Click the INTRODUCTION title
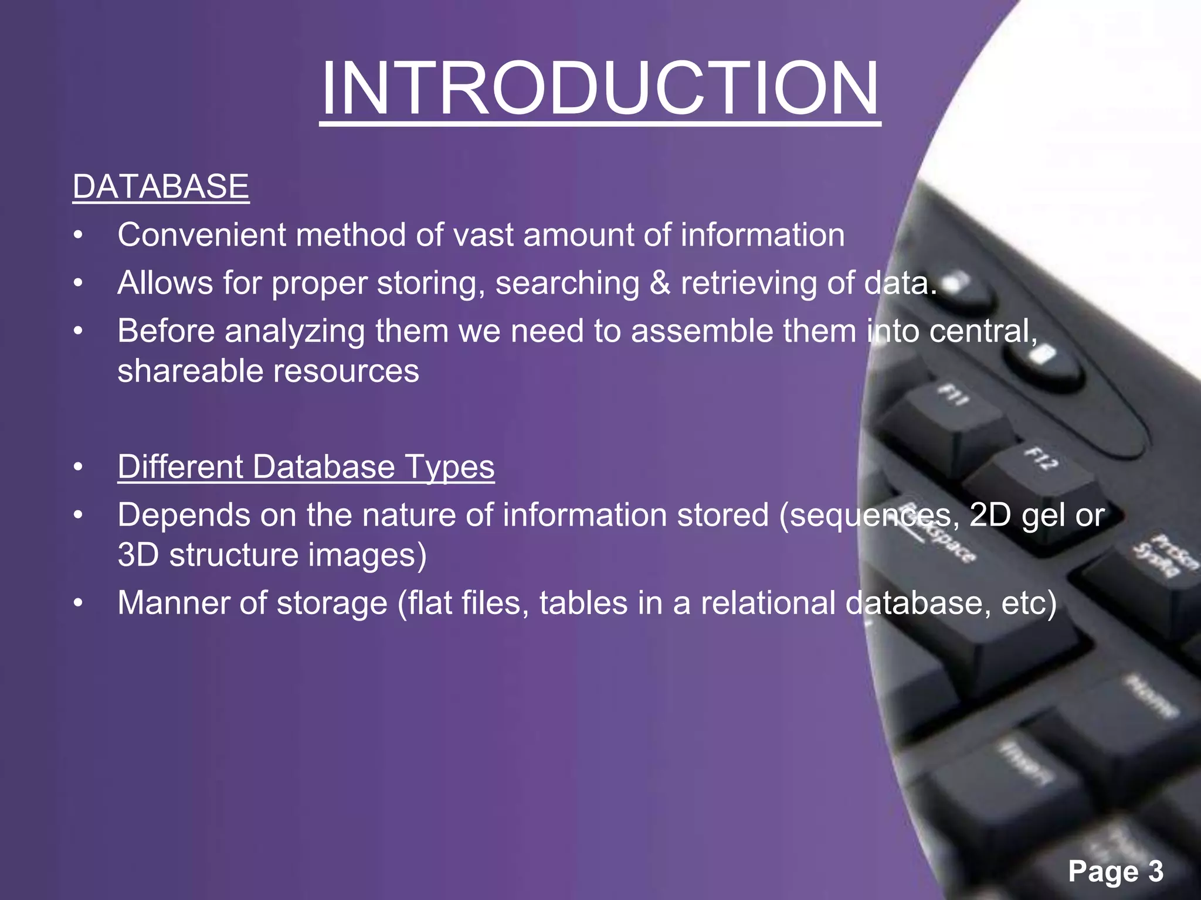pyautogui.click(x=600, y=88)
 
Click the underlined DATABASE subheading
pyautogui.click(x=161, y=187)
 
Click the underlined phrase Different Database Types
pyautogui.click(x=306, y=468)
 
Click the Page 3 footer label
pyautogui.click(x=1115, y=871)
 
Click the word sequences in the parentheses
pyautogui.click(x=870, y=516)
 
